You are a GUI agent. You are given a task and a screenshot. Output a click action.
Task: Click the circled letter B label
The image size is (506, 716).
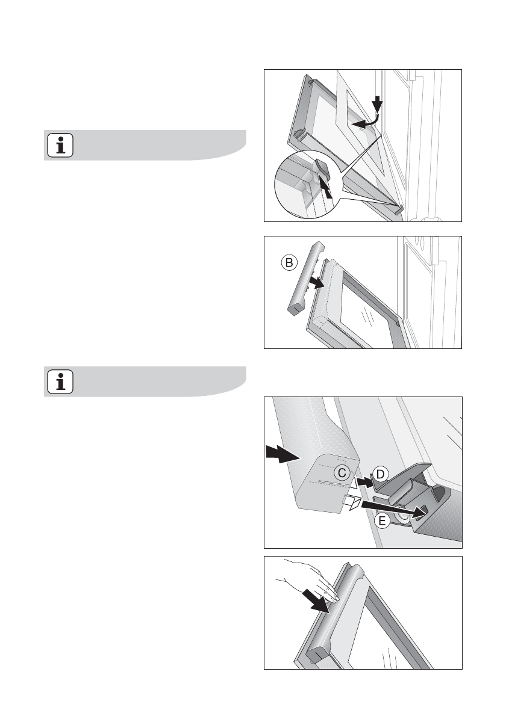[289, 262]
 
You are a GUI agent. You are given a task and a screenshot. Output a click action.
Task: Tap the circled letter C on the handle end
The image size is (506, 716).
[342, 472]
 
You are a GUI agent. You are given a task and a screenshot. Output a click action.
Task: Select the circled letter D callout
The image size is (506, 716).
[380, 475]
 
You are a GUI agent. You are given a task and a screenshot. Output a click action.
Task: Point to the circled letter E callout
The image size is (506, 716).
[382, 520]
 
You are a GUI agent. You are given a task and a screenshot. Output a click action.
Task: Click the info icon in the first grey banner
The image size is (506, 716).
[60, 145]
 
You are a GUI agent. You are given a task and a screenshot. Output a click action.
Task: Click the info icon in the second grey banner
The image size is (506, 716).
[60, 381]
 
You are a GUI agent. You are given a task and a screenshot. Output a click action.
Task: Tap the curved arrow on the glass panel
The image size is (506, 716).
[368, 122]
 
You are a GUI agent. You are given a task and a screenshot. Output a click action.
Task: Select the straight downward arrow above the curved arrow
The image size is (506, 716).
[376, 104]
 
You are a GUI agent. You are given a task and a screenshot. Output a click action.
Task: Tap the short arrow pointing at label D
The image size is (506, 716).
[365, 481]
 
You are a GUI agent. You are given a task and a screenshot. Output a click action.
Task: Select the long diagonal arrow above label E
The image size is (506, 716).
[393, 509]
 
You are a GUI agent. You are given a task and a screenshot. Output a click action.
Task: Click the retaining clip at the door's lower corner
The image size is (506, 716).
[399, 209]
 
